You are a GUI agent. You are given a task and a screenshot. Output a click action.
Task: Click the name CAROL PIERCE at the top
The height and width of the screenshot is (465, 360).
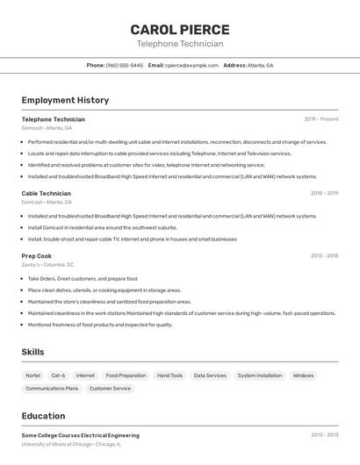click(180, 29)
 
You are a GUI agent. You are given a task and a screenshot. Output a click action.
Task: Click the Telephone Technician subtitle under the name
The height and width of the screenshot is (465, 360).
click(180, 44)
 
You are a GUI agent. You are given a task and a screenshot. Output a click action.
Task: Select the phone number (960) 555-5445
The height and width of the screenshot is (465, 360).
click(125, 65)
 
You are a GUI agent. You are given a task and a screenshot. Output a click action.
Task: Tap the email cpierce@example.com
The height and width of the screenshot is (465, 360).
click(191, 65)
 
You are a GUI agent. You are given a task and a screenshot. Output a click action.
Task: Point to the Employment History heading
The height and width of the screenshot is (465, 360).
click(65, 100)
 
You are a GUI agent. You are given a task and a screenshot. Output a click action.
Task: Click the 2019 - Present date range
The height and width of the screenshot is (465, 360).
click(321, 118)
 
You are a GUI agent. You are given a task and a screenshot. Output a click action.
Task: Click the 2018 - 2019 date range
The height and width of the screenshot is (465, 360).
click(324, 193)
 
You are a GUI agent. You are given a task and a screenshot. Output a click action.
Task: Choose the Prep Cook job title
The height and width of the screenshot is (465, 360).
click(37, 256)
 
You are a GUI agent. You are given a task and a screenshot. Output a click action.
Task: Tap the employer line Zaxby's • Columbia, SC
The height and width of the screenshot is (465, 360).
click(47, 264)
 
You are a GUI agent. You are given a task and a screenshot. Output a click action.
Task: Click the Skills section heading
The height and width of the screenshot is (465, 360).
click(32, 352)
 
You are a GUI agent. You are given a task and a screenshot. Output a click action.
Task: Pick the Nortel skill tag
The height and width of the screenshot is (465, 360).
click(32, 376)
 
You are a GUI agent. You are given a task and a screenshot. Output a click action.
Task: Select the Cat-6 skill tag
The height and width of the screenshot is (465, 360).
click(58, 376)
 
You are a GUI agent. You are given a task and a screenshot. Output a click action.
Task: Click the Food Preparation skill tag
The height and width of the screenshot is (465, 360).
click(126, 376)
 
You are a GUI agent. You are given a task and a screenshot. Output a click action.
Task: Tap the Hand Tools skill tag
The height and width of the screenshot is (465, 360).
click(169, 376)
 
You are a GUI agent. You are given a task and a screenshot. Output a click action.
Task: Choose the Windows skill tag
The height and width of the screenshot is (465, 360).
click(303, 376)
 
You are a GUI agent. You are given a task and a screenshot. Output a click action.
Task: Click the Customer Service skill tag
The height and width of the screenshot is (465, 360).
click(110, 388)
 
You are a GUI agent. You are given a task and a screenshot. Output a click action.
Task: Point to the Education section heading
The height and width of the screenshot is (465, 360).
click(43, 416)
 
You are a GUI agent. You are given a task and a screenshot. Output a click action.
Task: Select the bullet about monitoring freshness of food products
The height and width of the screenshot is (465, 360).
click(100, 325)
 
